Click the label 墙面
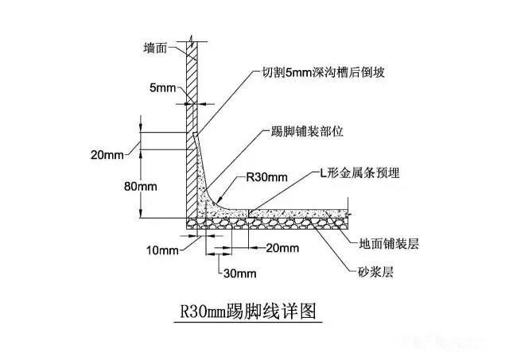[155, 48]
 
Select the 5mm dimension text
[162, 88]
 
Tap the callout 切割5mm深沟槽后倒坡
[324, 72]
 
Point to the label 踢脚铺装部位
[307, 132]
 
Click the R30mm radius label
[267, 177]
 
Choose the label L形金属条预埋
[359, 173]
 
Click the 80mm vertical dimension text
[141, 187]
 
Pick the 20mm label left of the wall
[107, 155]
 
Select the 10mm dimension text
[162, 250]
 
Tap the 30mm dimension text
[240, 273]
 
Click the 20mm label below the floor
[282, 248]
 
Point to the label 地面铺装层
[389, 243]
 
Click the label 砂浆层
[375, 272]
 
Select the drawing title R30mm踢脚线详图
[248, 312]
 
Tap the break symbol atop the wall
[192, 41]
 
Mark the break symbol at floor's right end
[348, 214]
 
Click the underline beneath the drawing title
[248, 323]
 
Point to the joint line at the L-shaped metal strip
[249, 213]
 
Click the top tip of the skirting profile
[194, 133]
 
